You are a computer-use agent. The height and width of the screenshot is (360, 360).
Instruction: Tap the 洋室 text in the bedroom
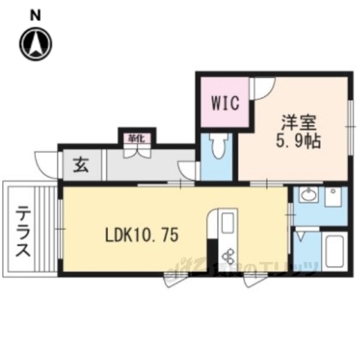pyautogui.click(x=295, y=121)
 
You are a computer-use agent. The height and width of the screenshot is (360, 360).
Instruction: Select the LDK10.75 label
pyautogui.click(x=141, y=235)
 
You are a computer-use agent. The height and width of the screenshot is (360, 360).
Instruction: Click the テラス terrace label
pyautogui.click(x=23, y=232)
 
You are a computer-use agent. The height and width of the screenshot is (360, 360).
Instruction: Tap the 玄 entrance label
pyautogui.click(x=80, y=165)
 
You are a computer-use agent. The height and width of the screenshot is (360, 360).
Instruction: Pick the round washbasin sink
pyautogui.click(x=307, y=196)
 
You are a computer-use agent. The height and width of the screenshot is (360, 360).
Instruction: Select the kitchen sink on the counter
pyautogui.click(x=227, y=223)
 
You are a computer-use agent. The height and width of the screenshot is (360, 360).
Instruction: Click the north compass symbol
pyautogui.click(x=35, y=43)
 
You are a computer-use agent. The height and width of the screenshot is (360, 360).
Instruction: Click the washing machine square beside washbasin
pyautogui.click(x=333, y=197)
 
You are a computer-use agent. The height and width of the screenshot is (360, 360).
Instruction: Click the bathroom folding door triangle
pyautogui.click(x=301, y=235)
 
